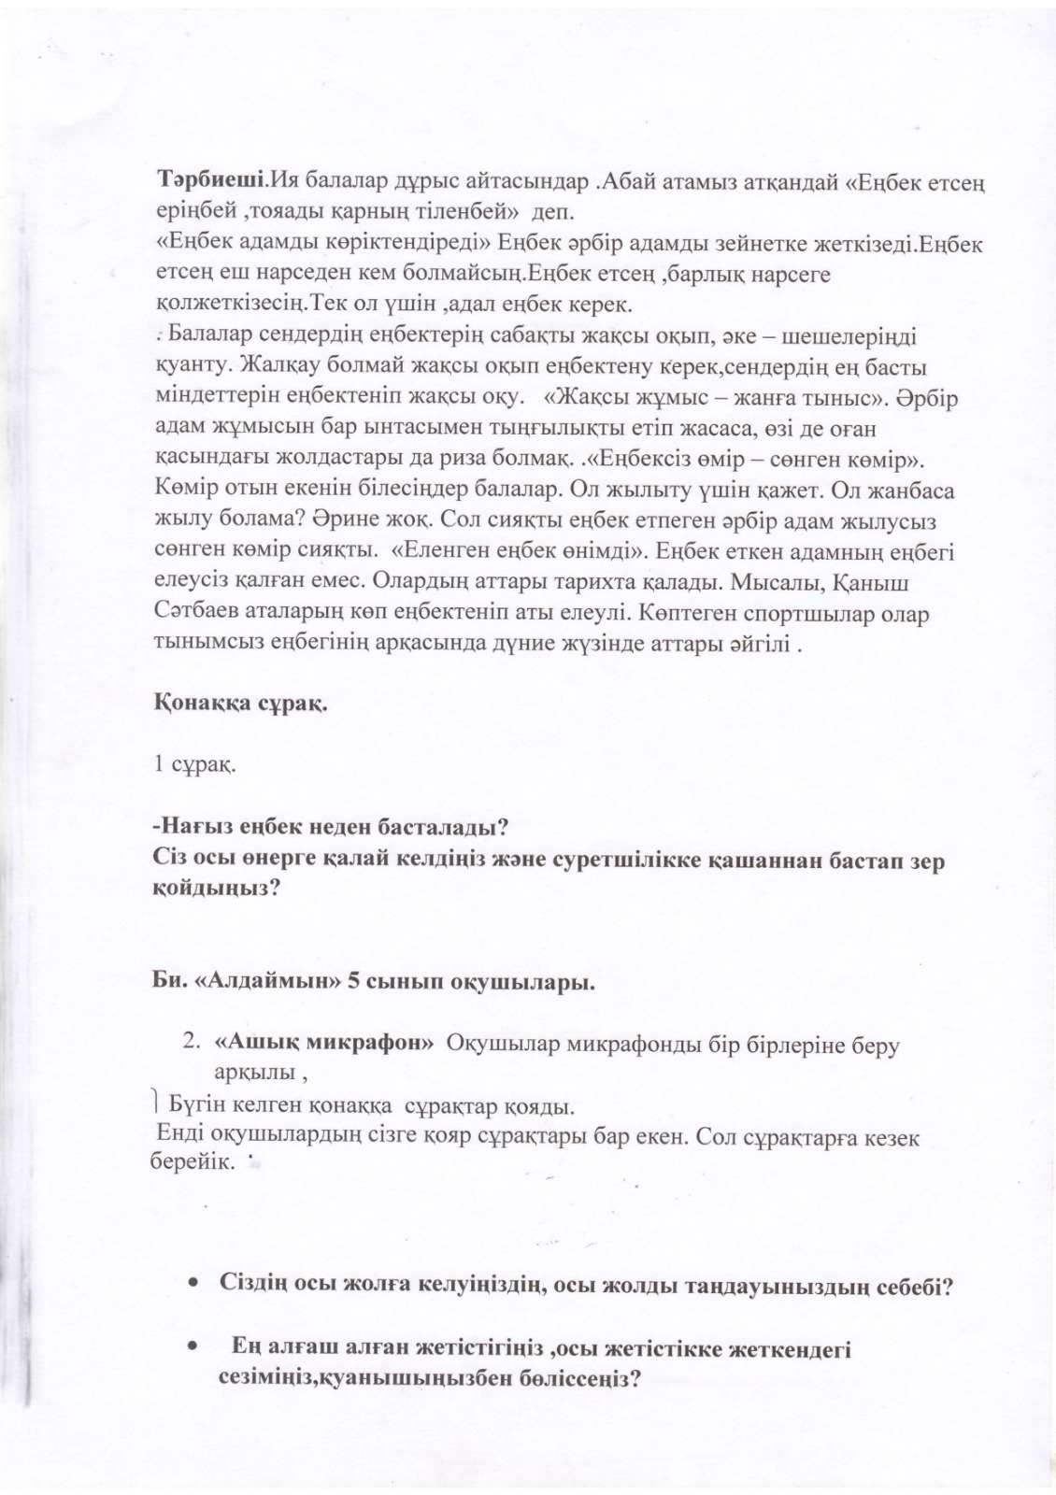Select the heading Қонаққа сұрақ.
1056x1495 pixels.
(240, 705)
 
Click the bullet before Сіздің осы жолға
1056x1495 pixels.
(192, 1286)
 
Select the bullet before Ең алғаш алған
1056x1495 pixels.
(192, 1348)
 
